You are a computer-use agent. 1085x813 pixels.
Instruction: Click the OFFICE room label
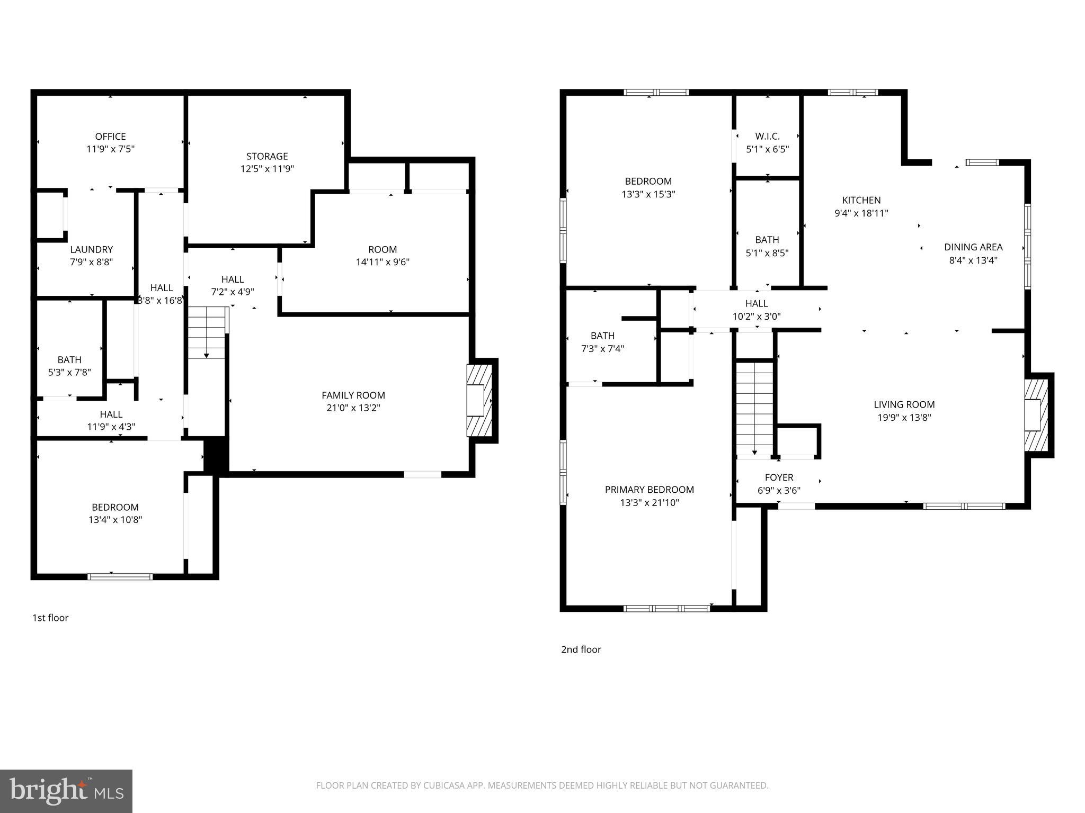(x=110, y=137)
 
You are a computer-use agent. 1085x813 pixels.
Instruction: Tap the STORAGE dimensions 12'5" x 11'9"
(x=267, y=169)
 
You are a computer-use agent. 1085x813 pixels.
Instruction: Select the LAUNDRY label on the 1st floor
(x=92, y=249)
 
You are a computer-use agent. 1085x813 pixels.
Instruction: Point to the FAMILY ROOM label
(x=353, y=395)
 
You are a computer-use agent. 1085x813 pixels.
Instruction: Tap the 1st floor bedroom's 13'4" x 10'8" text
(x=115, y=520)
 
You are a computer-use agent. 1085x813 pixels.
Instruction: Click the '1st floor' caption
(x=50, y=618)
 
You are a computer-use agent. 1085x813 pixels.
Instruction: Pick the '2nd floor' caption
(x=581, y=649)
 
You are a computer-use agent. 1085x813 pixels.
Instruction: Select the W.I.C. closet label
(x=767, y=137)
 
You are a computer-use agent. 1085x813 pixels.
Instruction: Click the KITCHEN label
(x=861, y=201)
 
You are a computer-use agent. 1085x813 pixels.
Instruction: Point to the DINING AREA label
(x=973, y=247)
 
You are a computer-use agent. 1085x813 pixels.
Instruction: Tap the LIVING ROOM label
(x=904, y=405)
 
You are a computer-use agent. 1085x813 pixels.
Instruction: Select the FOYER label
(x=779, y=477)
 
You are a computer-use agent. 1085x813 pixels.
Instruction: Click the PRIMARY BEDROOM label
(x=650, y=490)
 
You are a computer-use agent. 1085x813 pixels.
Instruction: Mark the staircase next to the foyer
(x=755, y=408)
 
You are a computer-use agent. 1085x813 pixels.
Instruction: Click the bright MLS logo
(x=66, y=791)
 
